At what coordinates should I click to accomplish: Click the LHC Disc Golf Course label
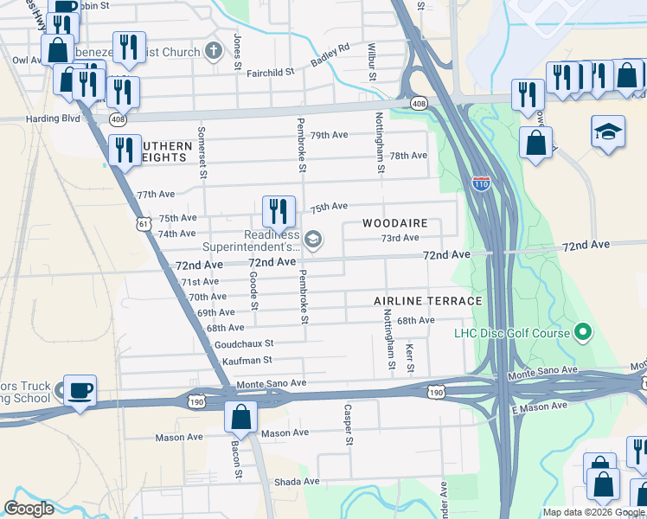[x=512, y=333]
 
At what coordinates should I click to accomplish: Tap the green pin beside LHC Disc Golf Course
[x=583, y=332]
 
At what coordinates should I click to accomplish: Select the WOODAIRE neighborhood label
[x=395, y=223]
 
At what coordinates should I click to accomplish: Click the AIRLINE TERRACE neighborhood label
[x=427, y=301]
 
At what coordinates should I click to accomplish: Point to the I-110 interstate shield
[x=482, y=183]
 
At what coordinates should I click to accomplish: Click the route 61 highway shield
[x=144, y=225]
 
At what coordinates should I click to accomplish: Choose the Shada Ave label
[x=298, y=481]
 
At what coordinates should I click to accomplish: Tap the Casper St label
[x=349, y=425]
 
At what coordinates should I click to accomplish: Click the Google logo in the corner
[x=29, y=509]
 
